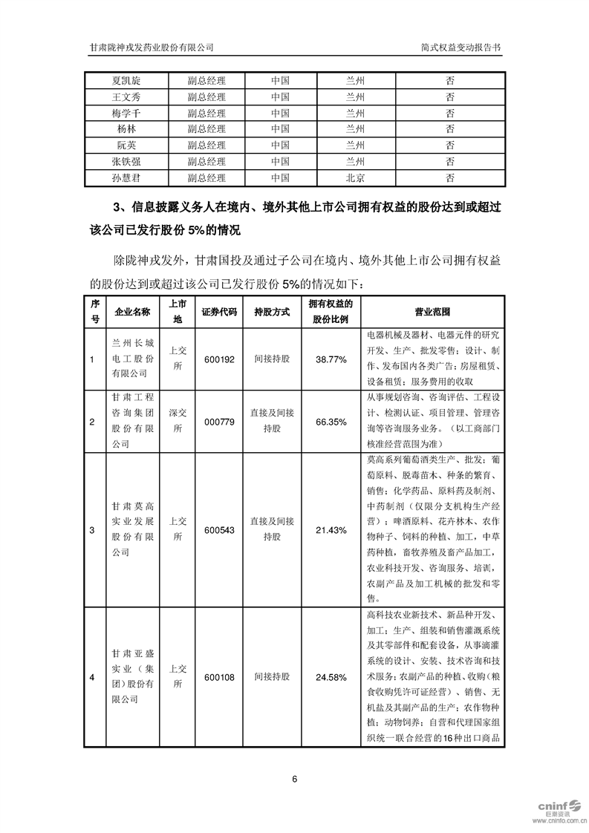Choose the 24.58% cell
point(331,677)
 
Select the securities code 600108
point(219,677)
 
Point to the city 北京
point(356,178)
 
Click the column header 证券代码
point(219,312)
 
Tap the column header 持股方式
point(272,312)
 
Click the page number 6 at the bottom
point(295,779)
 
